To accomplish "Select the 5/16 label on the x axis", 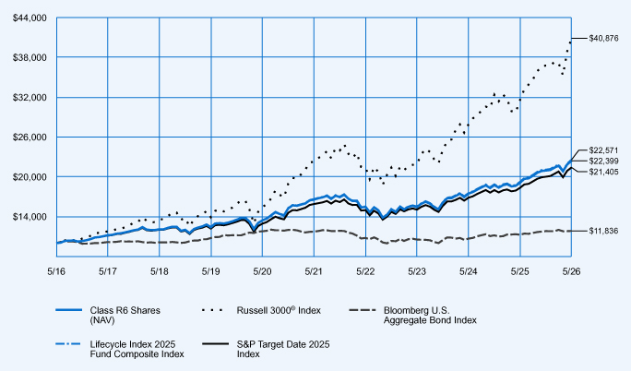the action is point(56,271).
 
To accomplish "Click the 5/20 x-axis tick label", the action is point(262,271).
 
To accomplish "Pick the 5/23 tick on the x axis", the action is point(417,271).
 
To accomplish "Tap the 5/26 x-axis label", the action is point(571,271).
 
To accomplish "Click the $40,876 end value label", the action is point(603,39).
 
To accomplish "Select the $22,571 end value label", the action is point(603,150).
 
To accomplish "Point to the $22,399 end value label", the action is point(603,162).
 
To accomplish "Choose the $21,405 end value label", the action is point(603,173).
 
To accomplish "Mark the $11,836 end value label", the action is point(603,231).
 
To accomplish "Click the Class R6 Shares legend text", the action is point(125,316).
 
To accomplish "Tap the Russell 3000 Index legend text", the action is point(279,310).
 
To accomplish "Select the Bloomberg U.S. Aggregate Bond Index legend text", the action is point(430,316).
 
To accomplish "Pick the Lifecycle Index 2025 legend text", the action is point(137,349).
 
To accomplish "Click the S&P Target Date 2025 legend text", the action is point(283,349).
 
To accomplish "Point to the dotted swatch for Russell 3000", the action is point(212,310).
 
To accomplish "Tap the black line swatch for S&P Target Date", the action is point(215,344).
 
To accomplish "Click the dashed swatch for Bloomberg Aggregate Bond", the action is point(363,310).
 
